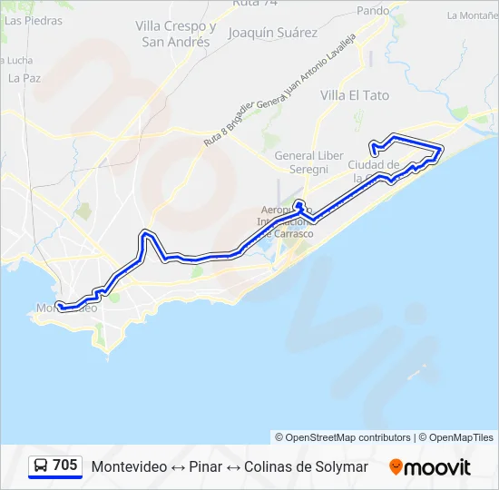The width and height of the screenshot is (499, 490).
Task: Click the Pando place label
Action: coord(373,11)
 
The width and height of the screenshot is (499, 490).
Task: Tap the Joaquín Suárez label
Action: coord(273,33)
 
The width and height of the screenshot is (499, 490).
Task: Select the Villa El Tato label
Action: coord(355,94)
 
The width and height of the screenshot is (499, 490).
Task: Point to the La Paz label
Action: coord(24,78)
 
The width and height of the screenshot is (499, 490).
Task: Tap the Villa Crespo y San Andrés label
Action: coord(176,34)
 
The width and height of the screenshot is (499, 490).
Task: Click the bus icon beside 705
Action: coord(41,465)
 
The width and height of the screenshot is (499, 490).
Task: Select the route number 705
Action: coord(65,465)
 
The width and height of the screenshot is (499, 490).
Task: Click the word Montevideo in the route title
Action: coord(129,466)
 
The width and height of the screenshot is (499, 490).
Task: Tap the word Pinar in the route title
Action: coord(205,466)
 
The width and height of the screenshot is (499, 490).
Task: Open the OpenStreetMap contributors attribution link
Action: coord(347,437)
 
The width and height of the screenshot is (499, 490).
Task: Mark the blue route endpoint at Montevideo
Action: coord(59,306)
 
